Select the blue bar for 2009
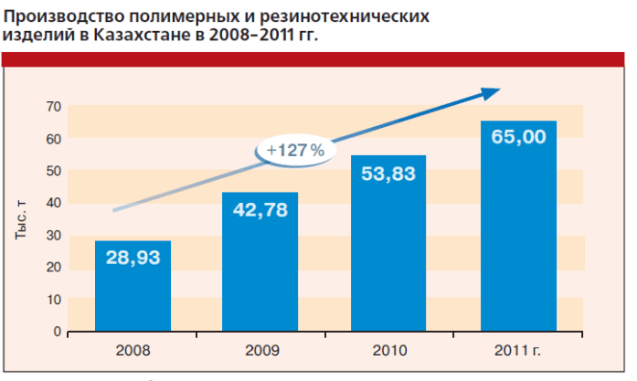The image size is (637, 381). (260, 274)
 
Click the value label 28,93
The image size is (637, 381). (133, 258)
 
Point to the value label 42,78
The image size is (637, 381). (260, 211)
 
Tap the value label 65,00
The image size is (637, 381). (518, 138)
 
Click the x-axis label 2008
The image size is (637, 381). (133, 350)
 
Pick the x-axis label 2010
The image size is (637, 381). (388, 350)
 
